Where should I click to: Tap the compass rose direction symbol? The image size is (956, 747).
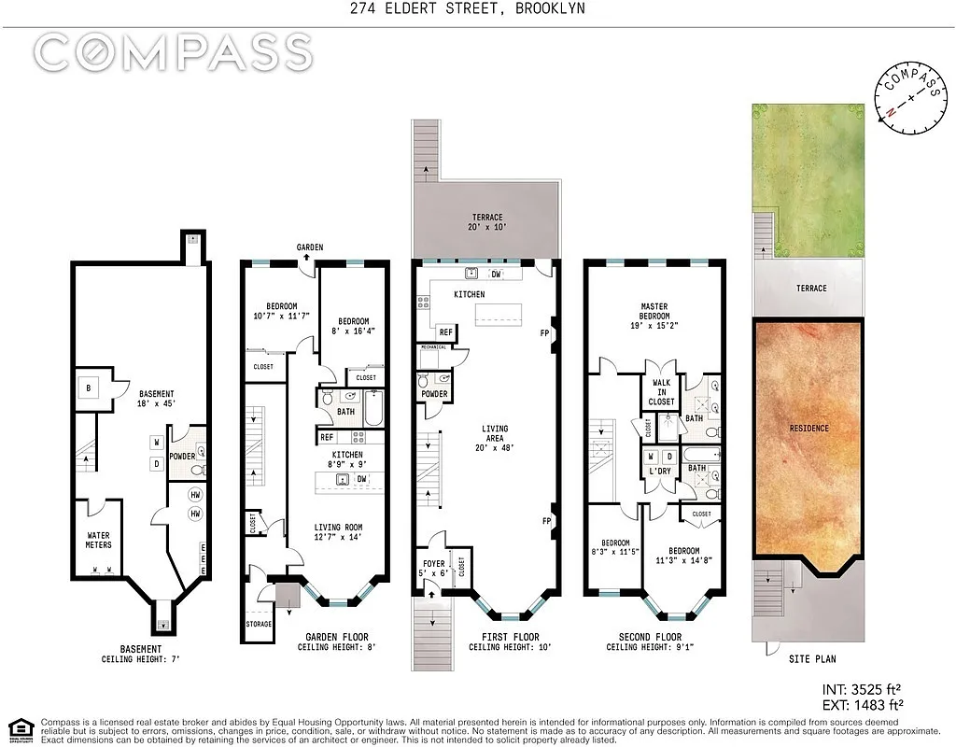pos(907,98)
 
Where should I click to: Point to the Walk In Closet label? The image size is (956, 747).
pos(661,391)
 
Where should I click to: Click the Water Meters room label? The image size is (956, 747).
pos(98,540)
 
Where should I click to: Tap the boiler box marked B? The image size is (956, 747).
pos(91,388)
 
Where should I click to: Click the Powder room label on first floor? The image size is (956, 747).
pos(434,394)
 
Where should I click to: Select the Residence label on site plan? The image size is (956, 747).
pos(808,429)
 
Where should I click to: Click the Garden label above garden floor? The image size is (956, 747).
pos(310,247)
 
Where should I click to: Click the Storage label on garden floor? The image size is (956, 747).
pos(259,624)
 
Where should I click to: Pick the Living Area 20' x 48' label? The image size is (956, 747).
pos(494,436)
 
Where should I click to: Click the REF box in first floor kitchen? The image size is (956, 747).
pos(445,332)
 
